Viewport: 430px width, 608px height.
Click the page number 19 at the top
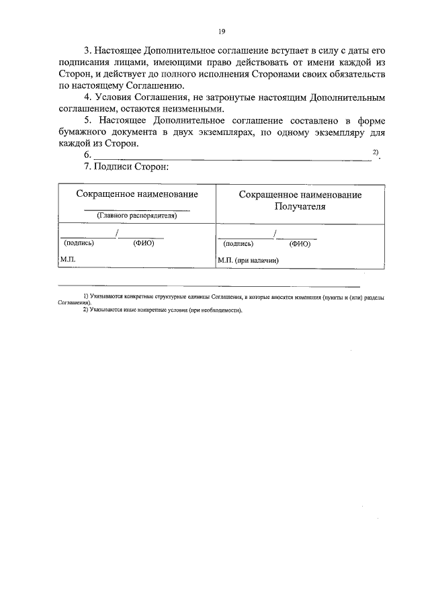click(221, 31)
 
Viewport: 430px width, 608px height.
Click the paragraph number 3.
click(87, 51)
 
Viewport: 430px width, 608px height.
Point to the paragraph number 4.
click(87, 97)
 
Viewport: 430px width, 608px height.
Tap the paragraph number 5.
click(87, 120)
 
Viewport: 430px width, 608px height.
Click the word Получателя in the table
click(300, 206)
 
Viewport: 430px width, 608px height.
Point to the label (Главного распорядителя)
click(137, 216)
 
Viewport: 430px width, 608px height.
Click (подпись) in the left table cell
click(79, 244)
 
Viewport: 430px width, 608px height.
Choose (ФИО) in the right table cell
click(300, 245)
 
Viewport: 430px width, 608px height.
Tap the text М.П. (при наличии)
click(248, 260)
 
